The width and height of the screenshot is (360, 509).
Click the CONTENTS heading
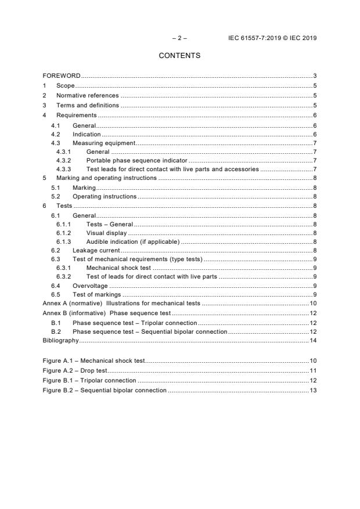[x=179, y=56]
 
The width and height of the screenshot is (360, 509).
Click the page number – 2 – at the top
[x=179, y=38]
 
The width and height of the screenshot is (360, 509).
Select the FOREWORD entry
[x=62, y=76]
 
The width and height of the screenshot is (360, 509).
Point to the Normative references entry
[x=87, y=96]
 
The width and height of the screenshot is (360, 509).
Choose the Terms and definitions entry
[x=87, y=106]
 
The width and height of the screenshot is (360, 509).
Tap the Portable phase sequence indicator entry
[x=136, y=160]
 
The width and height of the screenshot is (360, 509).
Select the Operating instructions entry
[x=105, y=196]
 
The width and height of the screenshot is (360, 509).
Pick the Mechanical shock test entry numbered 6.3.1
[x=118, y=268]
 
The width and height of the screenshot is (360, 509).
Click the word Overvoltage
[x=90, y=286]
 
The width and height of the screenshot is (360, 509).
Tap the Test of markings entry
[x=96, y=295]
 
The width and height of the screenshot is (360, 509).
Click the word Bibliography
[x=61, y=340]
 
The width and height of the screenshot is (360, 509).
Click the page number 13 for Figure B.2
[x=313, y=390]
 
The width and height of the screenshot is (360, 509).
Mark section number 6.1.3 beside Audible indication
[x=63, y=241]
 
